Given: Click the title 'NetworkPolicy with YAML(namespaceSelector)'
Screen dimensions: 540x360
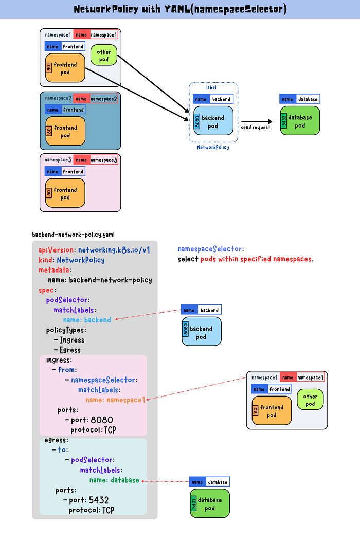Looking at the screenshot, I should [x=180, y=10].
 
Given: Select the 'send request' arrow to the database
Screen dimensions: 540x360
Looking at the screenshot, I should [x=256, y=121].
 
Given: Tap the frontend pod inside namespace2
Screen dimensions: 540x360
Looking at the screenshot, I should [x=65, y=132].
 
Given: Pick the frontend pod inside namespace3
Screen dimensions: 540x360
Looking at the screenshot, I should [x=65, y=193].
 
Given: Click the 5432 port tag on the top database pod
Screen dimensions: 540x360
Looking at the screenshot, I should [x=284, y=121].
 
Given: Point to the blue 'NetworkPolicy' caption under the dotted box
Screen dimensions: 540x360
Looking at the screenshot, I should [x=213, y=147].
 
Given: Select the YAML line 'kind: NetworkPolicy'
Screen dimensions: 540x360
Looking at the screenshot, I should [x=71, y=260].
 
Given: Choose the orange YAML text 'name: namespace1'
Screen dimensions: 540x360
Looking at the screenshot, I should [x=115, y=399].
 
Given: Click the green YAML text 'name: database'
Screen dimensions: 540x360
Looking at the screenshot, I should [x=114, y=480].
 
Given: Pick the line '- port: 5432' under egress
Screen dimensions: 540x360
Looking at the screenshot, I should [x=86, y=500].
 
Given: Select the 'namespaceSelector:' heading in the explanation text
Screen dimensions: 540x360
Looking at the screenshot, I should [x=211, y=249].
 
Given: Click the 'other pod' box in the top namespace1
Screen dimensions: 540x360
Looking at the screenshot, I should [x=103, y=55].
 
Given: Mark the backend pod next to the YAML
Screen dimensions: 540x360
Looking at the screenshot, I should [x=201, y=332].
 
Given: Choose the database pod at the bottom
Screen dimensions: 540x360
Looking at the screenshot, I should [x=209, y=503].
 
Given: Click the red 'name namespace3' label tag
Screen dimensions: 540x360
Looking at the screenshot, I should [x=96, y=160].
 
